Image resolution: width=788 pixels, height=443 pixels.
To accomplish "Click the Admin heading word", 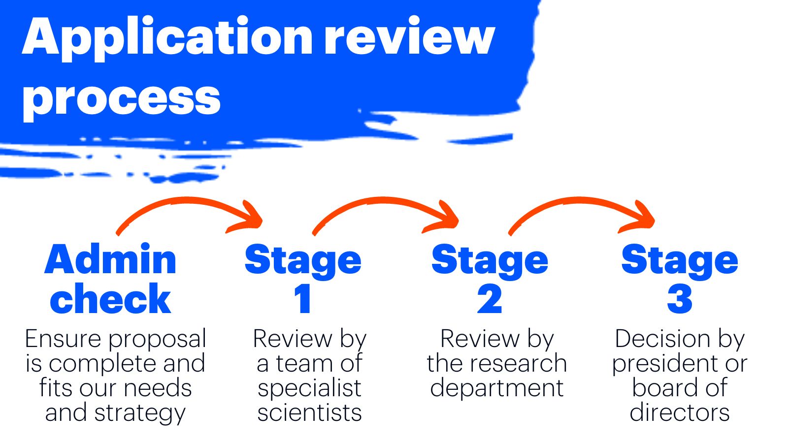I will point(110,259).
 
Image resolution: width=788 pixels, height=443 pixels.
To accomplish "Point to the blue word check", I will point(110,299).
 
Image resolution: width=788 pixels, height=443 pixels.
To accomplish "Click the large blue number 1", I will point(302,299).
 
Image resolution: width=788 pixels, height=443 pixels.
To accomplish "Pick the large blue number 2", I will point(490,299).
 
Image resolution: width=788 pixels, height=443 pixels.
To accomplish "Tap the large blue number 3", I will point(680,299).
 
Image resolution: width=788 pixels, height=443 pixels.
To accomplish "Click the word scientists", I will point(309,412).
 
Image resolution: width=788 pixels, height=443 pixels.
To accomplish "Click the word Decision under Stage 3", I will point(662,339).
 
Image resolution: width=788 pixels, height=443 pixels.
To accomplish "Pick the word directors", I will point(680,412).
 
